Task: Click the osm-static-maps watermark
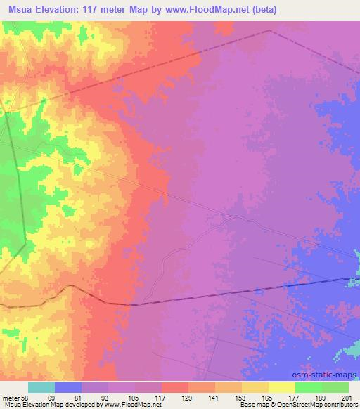click(x=328, y=377)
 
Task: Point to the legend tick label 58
click(x=24, y=398)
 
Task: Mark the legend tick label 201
click(x=347, y=398)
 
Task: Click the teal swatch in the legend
click(x=41, y=387)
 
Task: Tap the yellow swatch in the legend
click(x=281, y=387)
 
